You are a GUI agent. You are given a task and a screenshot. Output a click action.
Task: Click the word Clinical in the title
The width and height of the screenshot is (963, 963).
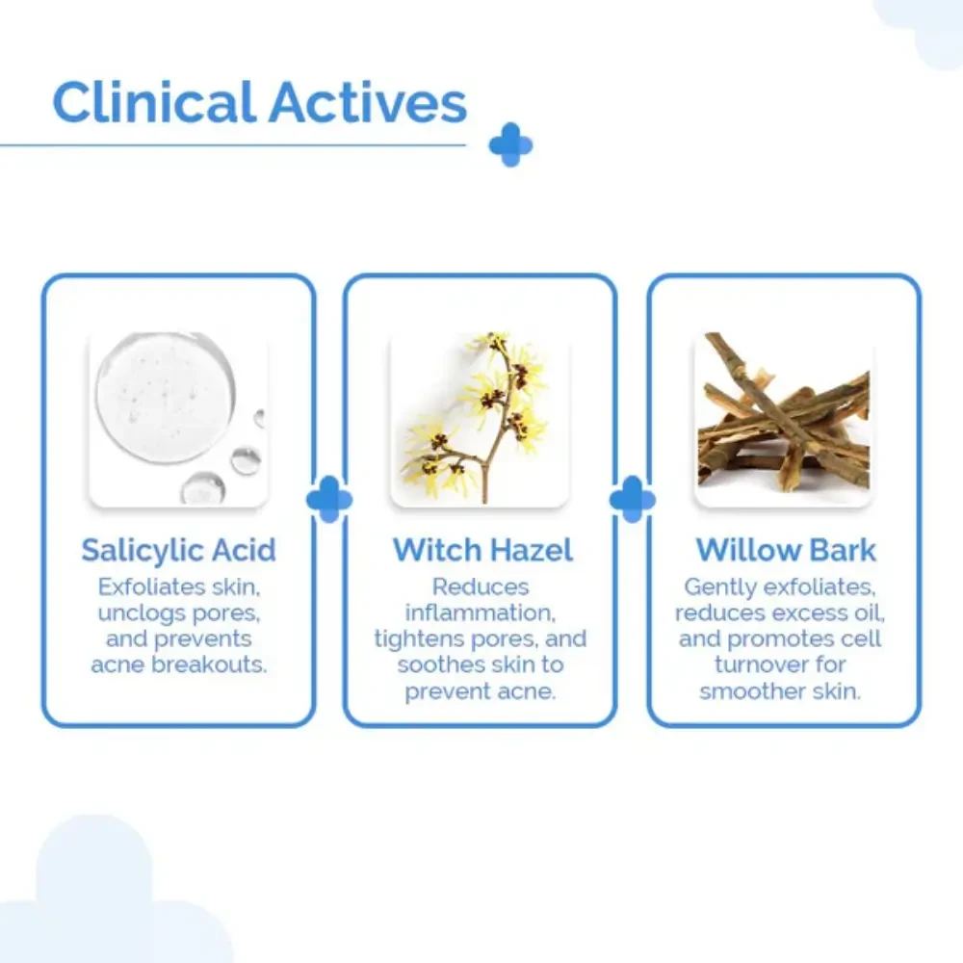coord(154,101)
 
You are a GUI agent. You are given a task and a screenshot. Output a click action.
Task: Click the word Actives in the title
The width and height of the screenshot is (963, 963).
coord(368,103)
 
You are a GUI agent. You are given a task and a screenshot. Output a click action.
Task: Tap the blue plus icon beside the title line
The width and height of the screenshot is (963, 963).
coord(510,145)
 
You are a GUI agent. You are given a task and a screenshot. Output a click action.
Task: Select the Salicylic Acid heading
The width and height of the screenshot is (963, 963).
coord(179,550)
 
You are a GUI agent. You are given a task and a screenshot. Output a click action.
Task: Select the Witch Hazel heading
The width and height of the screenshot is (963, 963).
coord(482,550)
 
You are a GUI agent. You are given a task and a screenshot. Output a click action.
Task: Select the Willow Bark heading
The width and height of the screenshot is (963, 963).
coord(786,550)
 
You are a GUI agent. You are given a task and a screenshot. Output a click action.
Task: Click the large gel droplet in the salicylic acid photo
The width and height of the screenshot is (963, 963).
coord(166,398)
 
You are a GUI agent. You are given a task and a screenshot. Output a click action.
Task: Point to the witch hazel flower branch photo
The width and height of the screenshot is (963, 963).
coord(480,420)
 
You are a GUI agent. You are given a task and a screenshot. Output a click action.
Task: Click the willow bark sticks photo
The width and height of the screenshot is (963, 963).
coord(783,420)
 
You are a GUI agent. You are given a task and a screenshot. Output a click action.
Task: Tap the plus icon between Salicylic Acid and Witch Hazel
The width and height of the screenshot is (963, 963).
coord(329,499)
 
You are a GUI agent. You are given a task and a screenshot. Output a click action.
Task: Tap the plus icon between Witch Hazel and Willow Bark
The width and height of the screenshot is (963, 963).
coord(633,499)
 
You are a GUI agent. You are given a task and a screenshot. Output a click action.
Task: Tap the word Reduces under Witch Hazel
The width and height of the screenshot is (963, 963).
coord(481,587)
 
